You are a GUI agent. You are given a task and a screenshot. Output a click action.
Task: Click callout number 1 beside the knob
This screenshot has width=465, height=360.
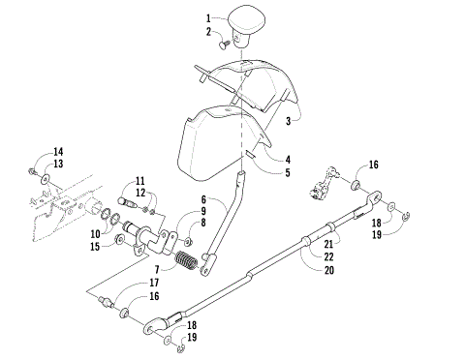point(208,17)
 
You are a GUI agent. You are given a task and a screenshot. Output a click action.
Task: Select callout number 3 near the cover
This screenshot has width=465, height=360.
point(288,121)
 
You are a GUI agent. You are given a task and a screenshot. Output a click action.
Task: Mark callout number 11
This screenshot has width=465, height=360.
point(140,181)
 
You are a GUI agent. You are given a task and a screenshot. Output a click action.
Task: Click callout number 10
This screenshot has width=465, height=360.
point(94,234)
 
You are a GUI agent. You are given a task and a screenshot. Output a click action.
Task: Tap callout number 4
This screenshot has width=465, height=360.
point(287,159)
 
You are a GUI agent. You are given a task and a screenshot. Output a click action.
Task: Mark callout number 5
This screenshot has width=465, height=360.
point(287,172)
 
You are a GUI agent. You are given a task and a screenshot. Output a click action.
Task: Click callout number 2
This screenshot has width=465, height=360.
point(208,32)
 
